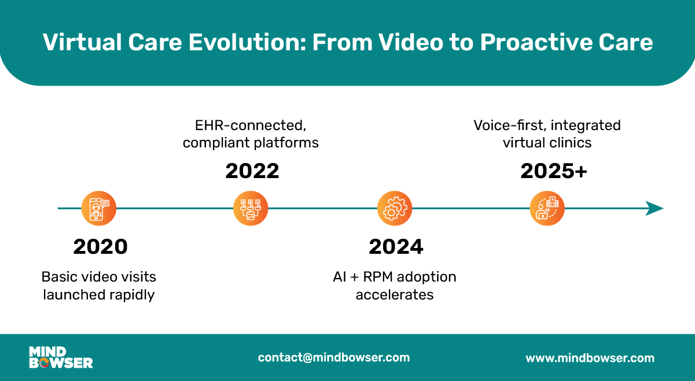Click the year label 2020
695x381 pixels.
click(100, 247)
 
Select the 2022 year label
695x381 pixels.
click(252, 171)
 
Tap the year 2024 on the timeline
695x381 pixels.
click(396, 247)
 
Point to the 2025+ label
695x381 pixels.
click(554, 171)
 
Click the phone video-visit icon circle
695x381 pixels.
click(98, 208)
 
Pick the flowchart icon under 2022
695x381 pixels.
click(251, 208)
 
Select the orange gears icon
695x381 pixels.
click(395, 208)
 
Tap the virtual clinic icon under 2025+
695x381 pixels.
click(547, 208)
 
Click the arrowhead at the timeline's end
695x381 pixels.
click(654, 208)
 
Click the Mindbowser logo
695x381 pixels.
click(61, 357)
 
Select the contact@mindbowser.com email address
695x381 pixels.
click(334, 357)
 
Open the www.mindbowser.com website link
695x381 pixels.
click(590, 358)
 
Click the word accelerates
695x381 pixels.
click(394, 295)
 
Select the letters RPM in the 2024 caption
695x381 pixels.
click(378, 277)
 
